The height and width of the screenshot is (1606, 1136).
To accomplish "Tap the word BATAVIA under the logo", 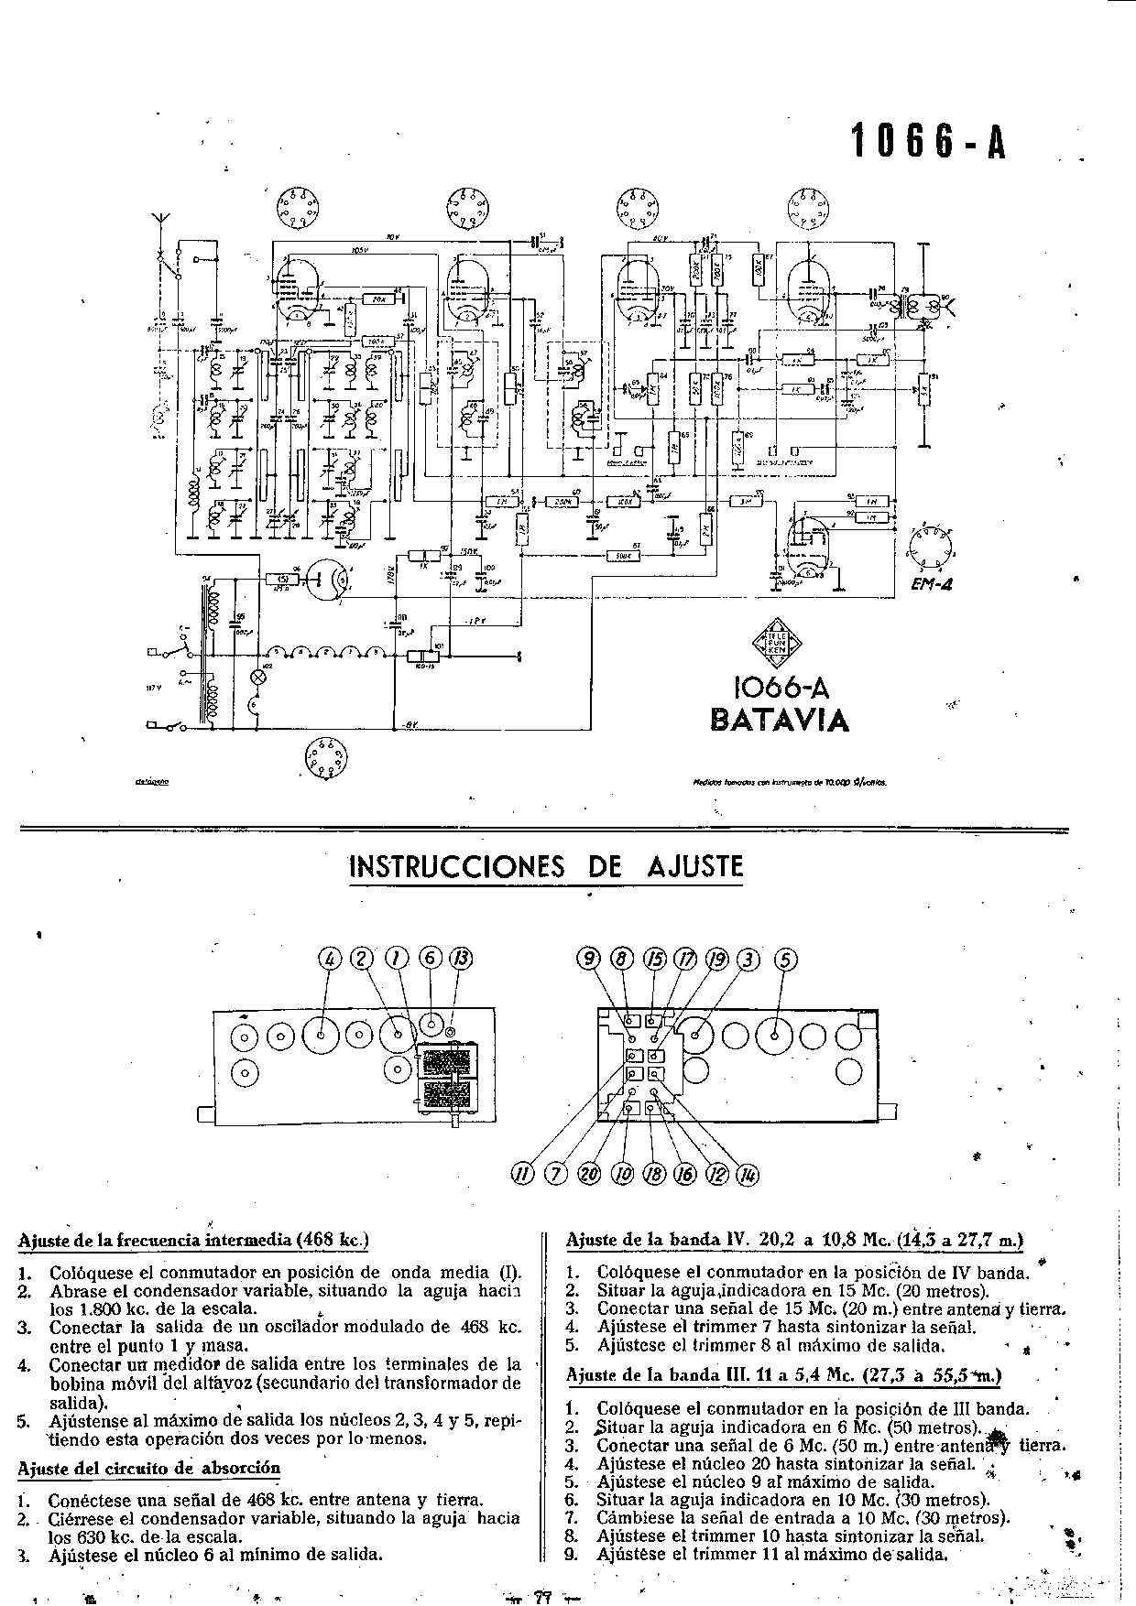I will coord(780,720).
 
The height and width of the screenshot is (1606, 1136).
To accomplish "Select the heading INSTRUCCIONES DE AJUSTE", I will coord(546,866).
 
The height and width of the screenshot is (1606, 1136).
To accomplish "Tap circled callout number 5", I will coord(785,959).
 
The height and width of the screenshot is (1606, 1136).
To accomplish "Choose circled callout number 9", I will coord(589,959).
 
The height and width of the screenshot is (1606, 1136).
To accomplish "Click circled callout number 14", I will coord(748,1175).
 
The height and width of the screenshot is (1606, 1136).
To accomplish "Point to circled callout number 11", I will coord(522,1175).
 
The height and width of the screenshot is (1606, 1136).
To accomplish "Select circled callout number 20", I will coord(589,1175).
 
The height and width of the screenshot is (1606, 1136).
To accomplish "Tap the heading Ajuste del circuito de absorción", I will coord(149,1468).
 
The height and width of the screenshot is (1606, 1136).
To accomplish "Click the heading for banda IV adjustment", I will coord(794,1241).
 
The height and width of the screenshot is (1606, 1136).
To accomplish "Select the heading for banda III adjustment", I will coord(783,1375).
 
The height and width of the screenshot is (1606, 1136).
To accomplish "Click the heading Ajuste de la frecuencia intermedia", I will coord(193,1241).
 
